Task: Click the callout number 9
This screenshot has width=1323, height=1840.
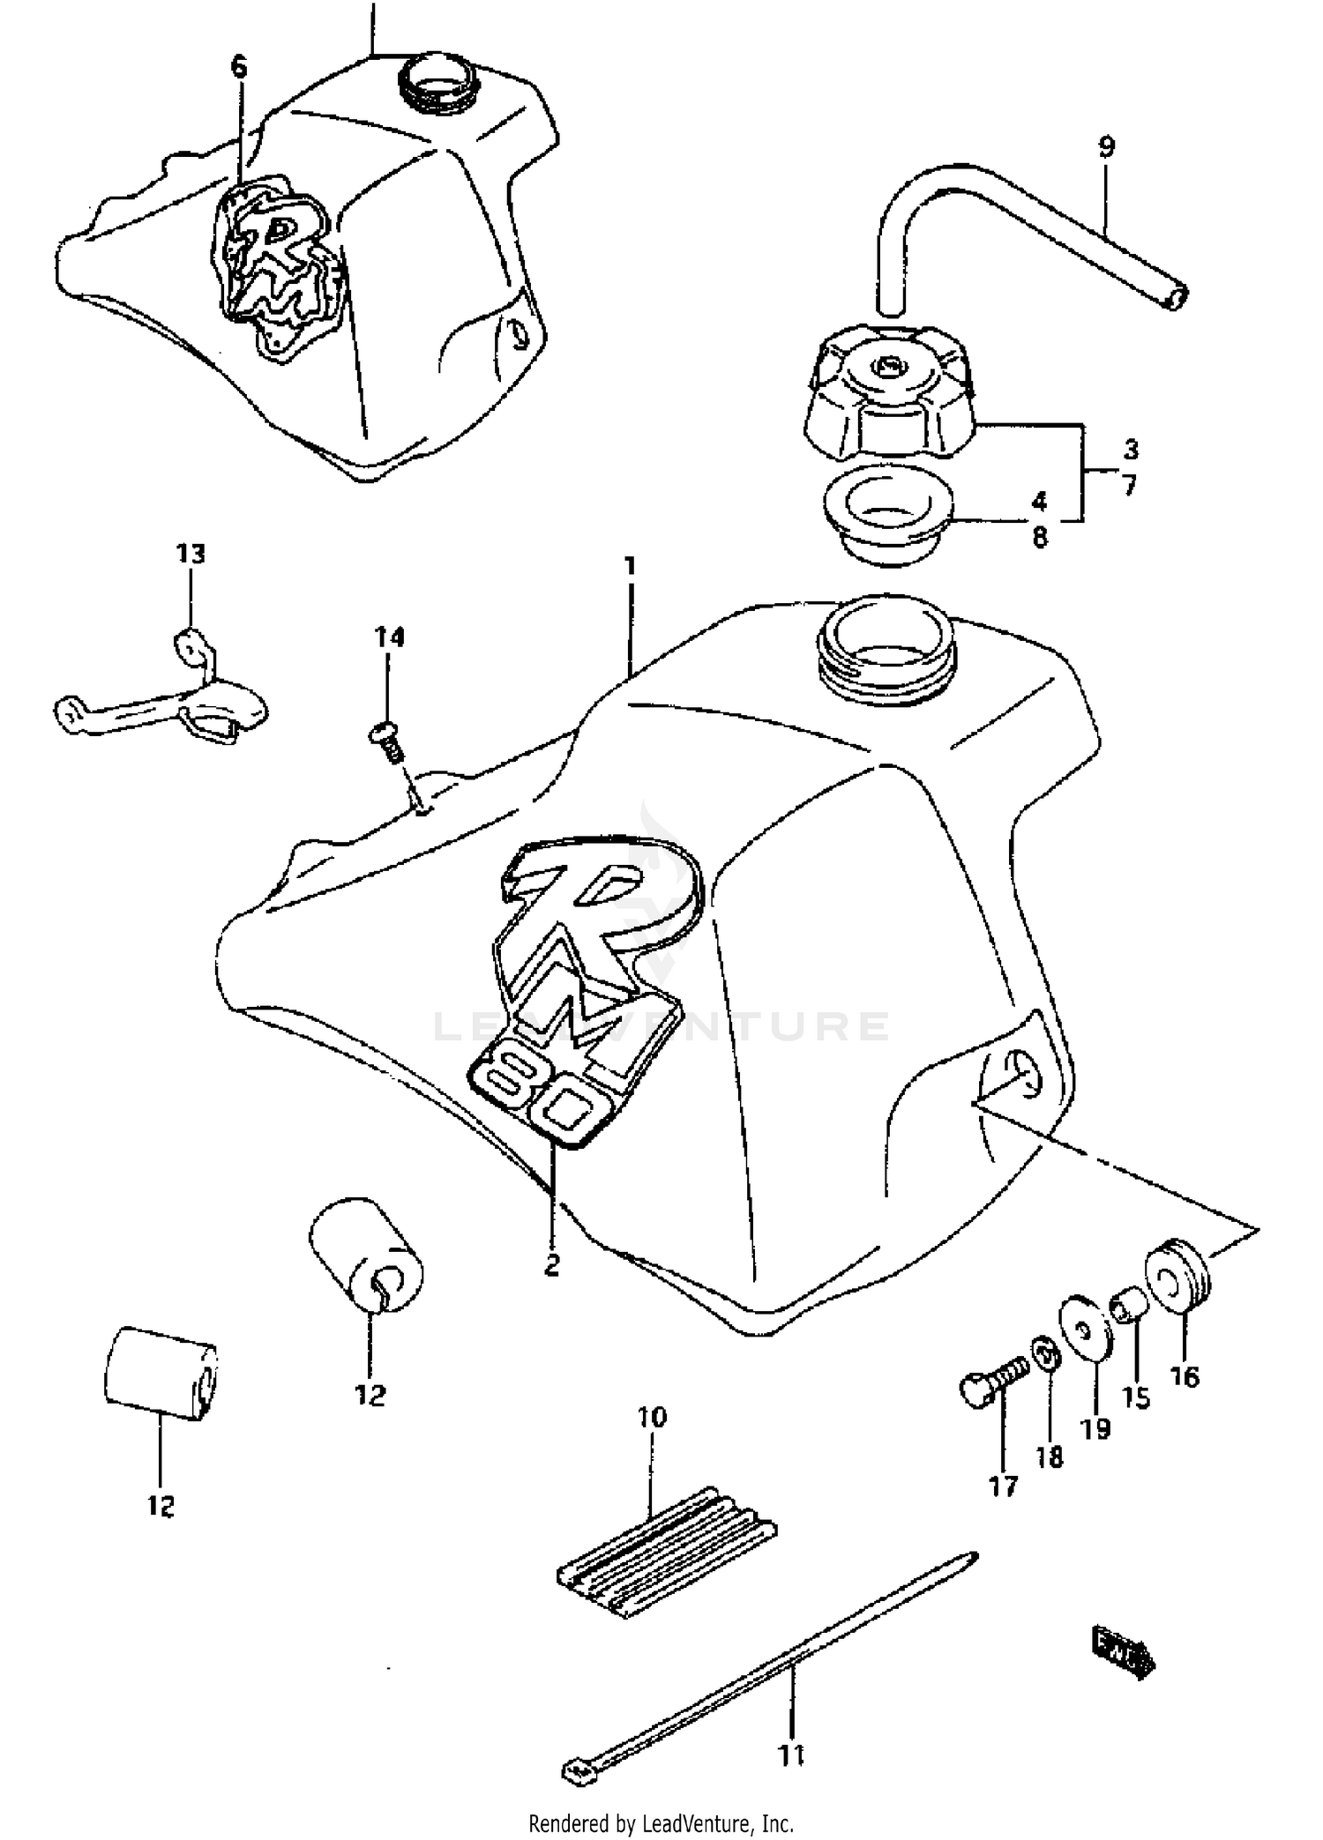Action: [1106, 146]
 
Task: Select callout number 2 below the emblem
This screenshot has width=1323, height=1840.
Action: [552, 1266]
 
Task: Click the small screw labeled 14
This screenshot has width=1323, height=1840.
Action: [385, 739]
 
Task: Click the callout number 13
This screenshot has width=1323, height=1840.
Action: [191, 555]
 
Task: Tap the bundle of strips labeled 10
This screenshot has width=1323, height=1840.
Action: [666, 1552]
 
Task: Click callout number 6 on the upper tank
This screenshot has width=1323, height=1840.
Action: [239, 67]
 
